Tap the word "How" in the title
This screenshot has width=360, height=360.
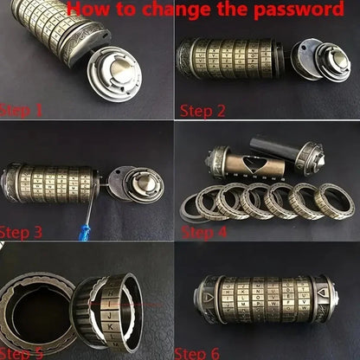pos(89,10)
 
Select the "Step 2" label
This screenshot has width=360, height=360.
pos(203,111)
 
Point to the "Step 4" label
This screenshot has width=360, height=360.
pos(204,232)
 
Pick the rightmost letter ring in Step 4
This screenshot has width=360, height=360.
pos(332,201)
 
